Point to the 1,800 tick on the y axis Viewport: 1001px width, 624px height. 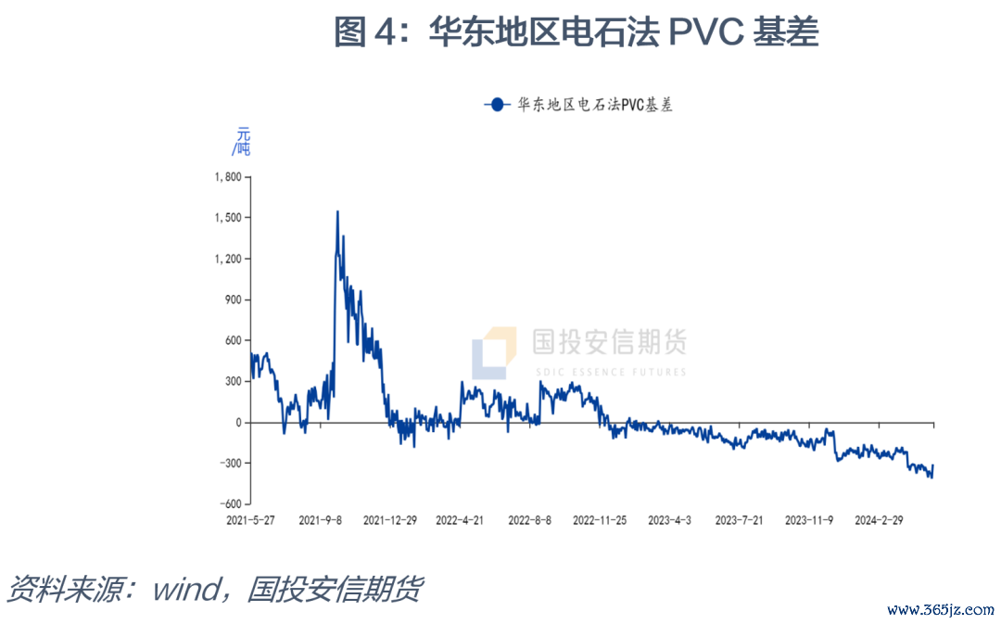click(227, 177)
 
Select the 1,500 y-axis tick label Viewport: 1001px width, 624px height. click(227, 218)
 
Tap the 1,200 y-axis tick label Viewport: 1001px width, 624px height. click(227, 259)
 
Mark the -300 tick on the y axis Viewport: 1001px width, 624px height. click(230, 463)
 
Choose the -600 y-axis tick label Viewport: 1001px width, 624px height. click(230, 503)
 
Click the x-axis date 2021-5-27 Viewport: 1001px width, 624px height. click(250, 520)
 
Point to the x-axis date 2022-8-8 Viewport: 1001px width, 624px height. click(531, 520)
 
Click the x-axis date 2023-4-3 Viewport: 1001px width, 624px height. click(669, 520)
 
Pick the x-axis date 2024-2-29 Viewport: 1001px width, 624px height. click(878, 520)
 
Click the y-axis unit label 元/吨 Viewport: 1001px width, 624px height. click(241, 140)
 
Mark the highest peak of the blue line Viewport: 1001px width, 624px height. click(337, 211)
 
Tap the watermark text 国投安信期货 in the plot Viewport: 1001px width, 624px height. click(609, 343)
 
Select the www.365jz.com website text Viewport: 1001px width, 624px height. click(940, 610)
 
